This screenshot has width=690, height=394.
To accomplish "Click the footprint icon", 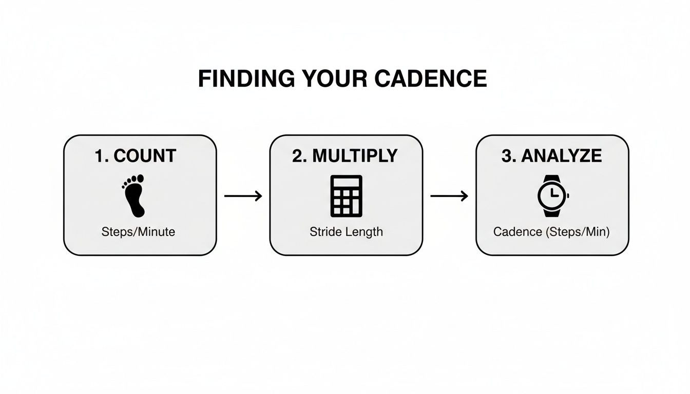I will pos(134,195).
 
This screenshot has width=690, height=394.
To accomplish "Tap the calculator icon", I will pos(346,195).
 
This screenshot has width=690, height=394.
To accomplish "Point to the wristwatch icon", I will pos(552,195).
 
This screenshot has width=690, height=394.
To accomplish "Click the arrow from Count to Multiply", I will pos(243,195).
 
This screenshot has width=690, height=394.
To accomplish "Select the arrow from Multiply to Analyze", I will pos(449,195).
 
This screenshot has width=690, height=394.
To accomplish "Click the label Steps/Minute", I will pos(138,232).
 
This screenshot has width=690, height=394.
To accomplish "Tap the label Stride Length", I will pos(346,232).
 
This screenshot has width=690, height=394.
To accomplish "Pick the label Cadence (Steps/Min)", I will pos(551,232).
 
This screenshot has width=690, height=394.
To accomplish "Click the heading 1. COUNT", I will pos(136,156).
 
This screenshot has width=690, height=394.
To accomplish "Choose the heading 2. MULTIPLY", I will pos(345,156).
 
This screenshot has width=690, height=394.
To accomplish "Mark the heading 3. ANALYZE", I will pos(551,156).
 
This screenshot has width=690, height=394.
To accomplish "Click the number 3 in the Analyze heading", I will pos(506,156).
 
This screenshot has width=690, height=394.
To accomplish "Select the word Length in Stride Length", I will pos(364,232).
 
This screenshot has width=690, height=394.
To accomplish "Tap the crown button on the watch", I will pos(567,195).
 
